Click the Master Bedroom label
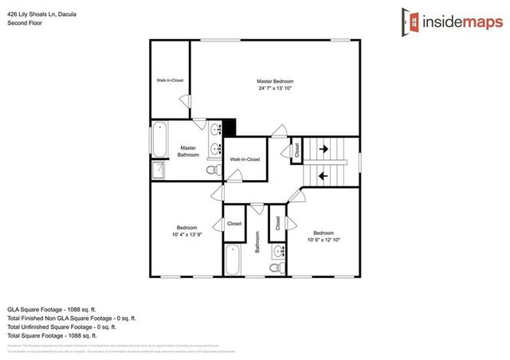click(275, 81)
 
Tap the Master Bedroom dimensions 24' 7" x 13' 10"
click(275, 88)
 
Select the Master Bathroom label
click(188, 151)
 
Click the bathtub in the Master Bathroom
click(159, 140)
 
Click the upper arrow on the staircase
click(324, 148)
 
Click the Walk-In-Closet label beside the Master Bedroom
click(170, 80)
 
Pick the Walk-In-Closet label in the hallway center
click(245, 159)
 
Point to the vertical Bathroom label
click(257, 242)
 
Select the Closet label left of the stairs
click(296, 149)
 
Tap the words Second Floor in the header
click(25, 23)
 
